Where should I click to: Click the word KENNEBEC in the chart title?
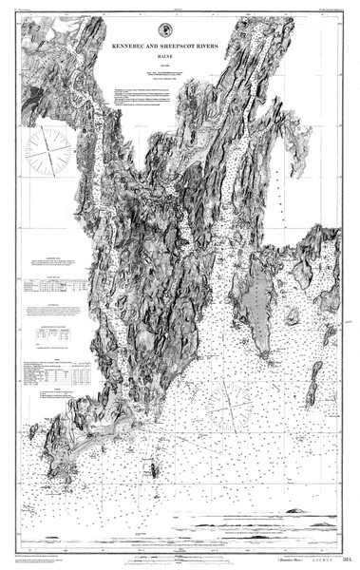(151, 45)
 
